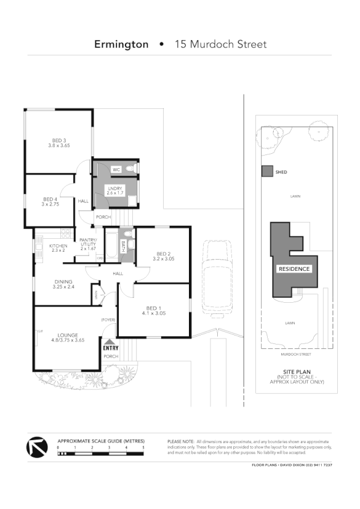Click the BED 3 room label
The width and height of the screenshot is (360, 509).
[x=59, y=143]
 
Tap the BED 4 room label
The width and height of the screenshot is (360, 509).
[x=50, y=201]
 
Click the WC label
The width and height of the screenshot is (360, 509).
[x=116, y=169]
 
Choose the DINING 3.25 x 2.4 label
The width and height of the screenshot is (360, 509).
[x=63, y=284]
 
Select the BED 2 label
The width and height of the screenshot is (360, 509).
[x=163, y=256]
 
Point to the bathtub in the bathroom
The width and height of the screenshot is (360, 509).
[x=111, y=246]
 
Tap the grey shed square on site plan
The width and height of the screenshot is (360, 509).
[x=266, y=172]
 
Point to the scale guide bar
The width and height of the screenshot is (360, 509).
[x=101, y=454]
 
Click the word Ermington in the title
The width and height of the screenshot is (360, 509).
[x=121, y=44]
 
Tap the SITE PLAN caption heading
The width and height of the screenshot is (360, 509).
[x=295, y=372]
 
